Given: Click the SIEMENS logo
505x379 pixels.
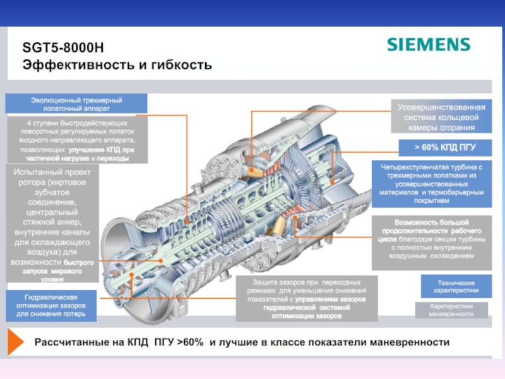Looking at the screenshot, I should click(x=429, y=45).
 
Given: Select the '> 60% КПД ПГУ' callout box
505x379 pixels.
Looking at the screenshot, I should click(x=444, y=147).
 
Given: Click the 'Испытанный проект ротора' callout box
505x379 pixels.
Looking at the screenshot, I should click(x=52, y=221).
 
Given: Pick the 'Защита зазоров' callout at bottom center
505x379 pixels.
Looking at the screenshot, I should click(x=307, y=298).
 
